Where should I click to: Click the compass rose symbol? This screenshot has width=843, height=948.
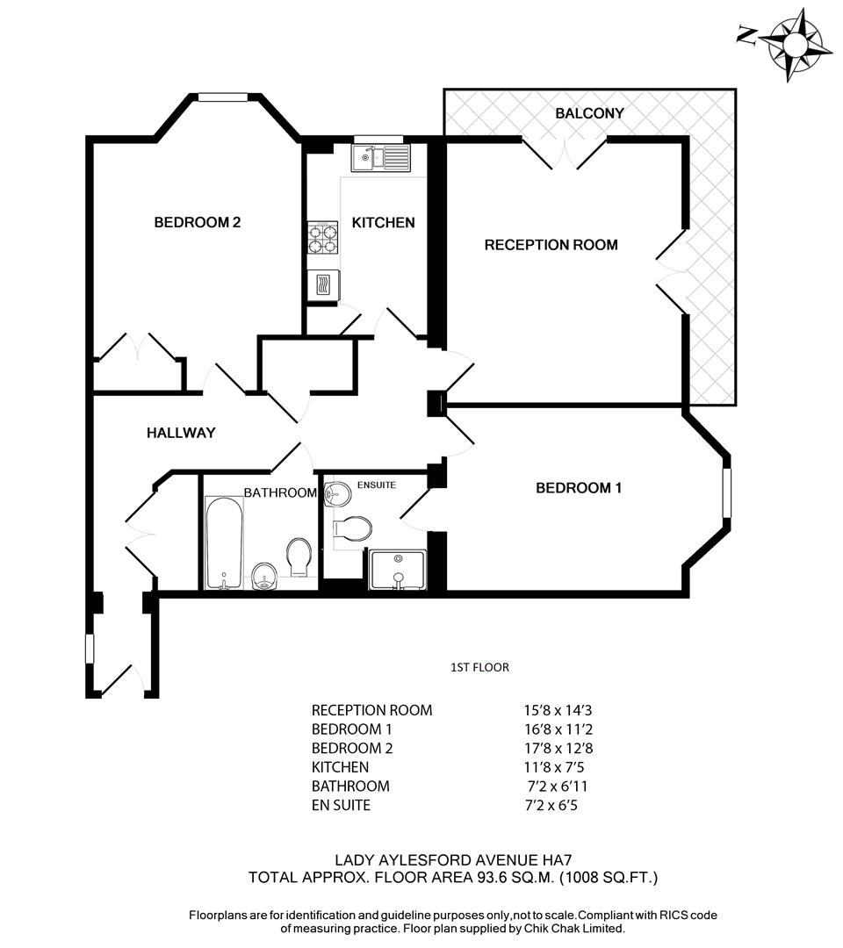point(795,41)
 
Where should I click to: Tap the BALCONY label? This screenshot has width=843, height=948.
point(589,113)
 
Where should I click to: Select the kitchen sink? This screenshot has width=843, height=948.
point(381,158)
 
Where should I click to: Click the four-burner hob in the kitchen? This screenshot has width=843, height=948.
point(323,237)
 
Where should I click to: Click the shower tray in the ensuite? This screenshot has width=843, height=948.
point(398,570)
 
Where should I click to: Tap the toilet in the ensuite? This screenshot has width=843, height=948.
point(353,528)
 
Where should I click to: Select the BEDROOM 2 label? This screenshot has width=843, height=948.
point(197,223)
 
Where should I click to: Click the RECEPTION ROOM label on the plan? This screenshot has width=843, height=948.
point(551,245)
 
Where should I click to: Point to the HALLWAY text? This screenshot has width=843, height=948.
point(181,433)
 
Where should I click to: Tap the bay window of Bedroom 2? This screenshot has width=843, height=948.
point(226,97)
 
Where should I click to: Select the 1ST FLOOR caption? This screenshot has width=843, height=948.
point(479,668)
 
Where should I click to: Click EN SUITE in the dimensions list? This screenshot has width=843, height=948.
point(341,805)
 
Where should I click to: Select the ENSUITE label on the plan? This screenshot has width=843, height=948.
point(377,485)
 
